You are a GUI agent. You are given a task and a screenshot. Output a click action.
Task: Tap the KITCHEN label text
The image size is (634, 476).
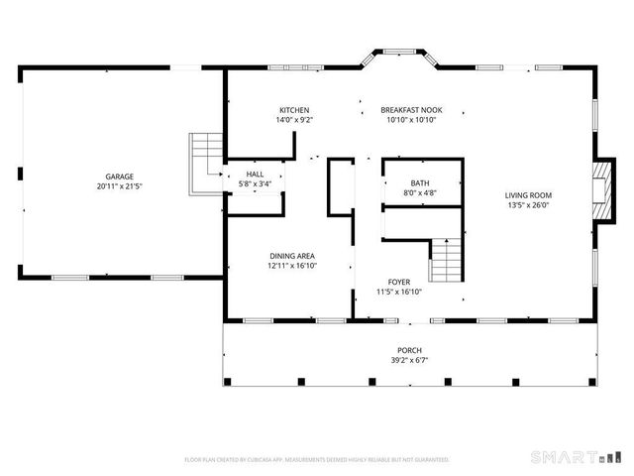[294, 110]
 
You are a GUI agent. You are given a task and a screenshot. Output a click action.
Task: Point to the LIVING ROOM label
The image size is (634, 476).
[529, 195]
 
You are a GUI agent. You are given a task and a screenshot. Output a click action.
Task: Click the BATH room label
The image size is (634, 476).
[421, 183]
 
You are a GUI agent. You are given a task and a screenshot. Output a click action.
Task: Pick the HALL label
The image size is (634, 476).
[255, 175]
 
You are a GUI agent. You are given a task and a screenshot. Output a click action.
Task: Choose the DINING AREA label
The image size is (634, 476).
[292, 256]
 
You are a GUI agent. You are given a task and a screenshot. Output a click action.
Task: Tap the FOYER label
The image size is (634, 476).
[399, 282]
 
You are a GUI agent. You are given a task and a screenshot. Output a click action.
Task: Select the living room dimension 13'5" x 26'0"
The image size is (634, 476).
[529, 205]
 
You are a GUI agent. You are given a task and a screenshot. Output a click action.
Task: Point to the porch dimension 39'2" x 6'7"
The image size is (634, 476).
[409, 361]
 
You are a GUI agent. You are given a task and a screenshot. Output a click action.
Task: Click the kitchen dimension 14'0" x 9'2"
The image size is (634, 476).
[294, 120]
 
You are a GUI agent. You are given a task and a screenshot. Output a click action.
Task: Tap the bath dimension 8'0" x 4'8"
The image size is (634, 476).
[421, 193]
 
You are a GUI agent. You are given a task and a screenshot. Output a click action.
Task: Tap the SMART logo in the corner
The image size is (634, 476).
[567, 457]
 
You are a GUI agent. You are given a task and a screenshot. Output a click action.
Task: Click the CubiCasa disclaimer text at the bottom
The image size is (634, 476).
[317, 460]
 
